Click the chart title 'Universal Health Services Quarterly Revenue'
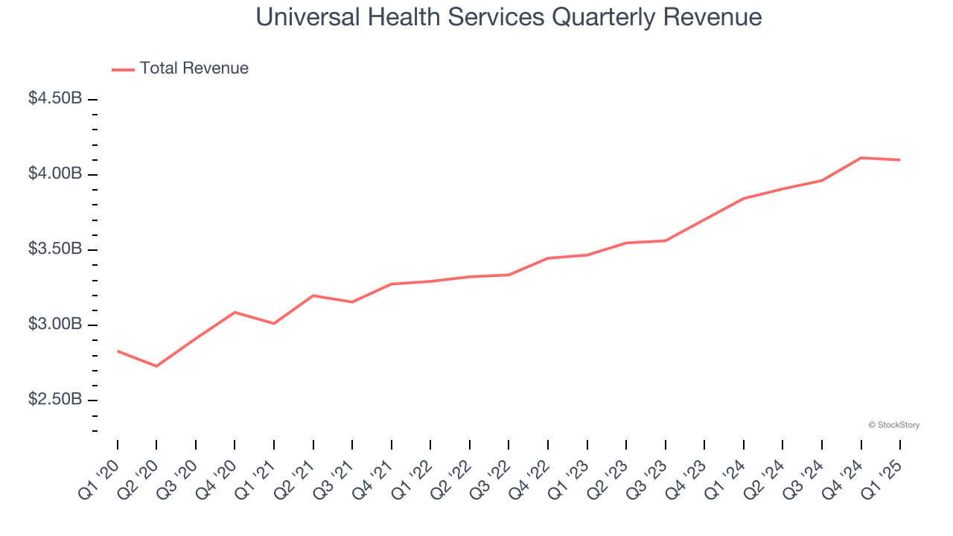pos(509,17)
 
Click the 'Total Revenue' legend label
pos(194,68)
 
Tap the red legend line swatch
pos(123,69)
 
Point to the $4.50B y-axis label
pos(55,98)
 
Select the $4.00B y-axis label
pos(55,173)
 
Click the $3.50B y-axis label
pos(55,249)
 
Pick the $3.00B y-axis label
pos(55,325)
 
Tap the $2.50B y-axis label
pos(55,400)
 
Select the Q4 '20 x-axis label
pos(217,478)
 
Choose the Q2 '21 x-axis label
pos(296,478)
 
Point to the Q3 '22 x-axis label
pos(491,478)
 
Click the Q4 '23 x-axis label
pos(687,478)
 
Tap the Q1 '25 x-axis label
pos(883,478)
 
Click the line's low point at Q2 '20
pos(156,366)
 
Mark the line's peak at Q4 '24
pos(861,158)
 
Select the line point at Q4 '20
pos(235,312)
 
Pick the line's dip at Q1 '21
pos(274,323)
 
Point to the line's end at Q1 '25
pos(900,160)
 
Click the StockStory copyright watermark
pos(893,425)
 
